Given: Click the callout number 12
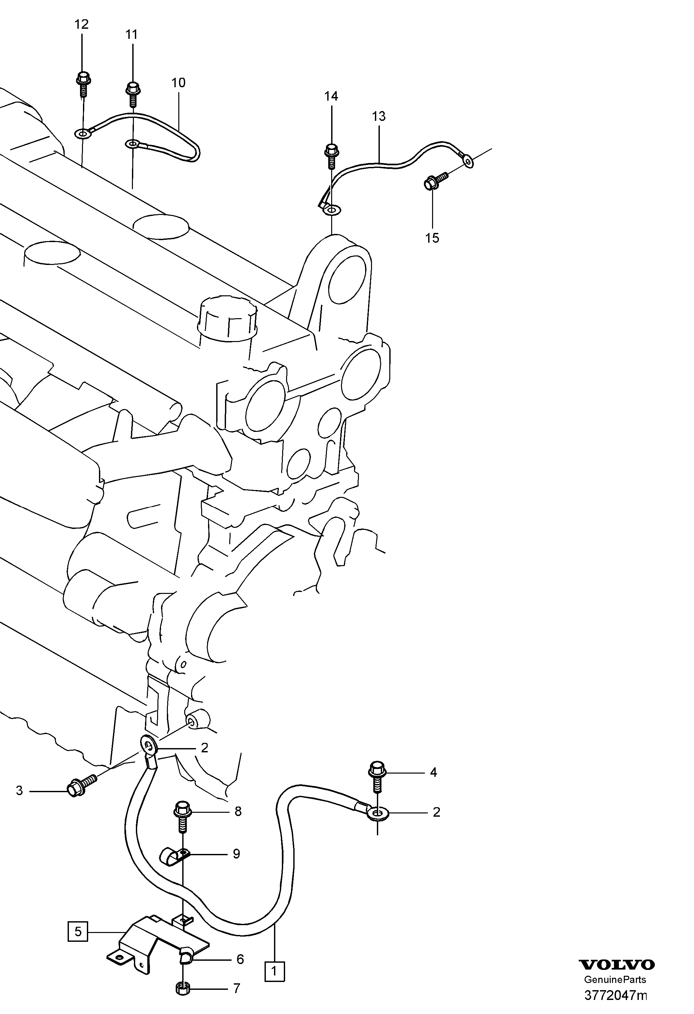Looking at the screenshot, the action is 82,25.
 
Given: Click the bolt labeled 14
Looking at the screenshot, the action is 331,156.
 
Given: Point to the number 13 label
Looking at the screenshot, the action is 379,117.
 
